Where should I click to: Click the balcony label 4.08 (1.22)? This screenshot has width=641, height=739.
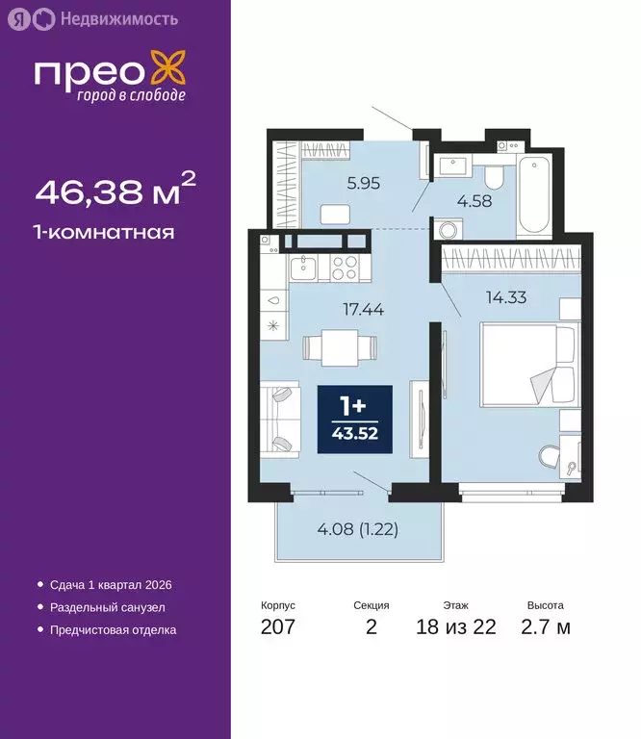click(357, 528)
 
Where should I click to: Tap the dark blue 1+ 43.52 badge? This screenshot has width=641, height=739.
click(355, 420)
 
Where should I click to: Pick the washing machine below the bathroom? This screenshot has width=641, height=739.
click(447, 231)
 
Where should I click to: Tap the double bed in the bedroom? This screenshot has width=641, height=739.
click(528, 366)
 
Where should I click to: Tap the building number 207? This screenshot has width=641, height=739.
click(278, 628)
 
